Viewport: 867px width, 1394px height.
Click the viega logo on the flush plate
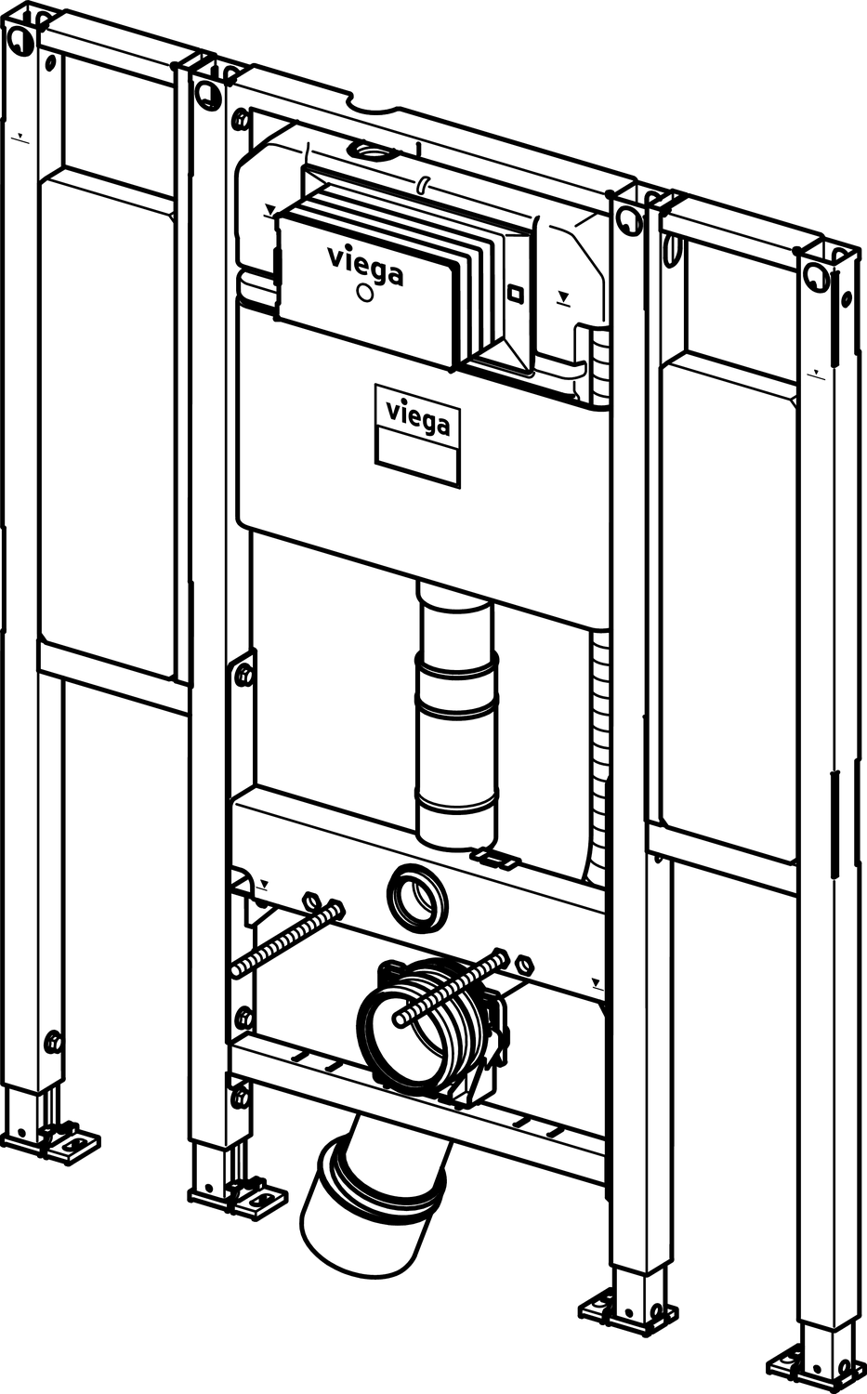(365, 264)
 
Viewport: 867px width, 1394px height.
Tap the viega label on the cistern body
(418, 417)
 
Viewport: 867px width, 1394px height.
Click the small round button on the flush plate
(363, 295)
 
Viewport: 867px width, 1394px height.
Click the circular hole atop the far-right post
(818, 276)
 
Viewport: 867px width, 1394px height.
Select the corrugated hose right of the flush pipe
(598, 743)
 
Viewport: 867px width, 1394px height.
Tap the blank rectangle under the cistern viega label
(417, 458)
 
